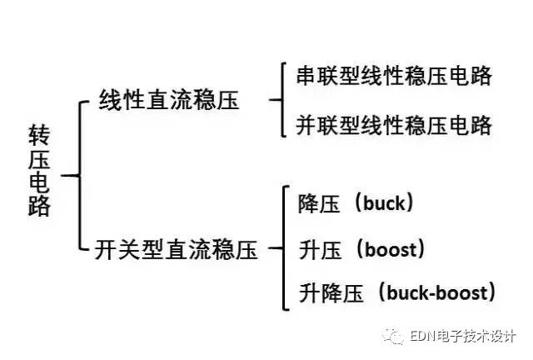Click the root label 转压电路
coord(39,170)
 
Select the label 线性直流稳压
coord(169,100)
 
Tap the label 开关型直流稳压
coord(176,249)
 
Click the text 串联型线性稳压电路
coord(394,76)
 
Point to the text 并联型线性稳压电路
coord(394,125)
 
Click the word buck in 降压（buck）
coord(385,203)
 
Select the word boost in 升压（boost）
coord(391,249)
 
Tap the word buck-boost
coord(437,292)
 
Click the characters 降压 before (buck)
coord(319,204)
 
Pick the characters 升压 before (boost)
coord(320,250)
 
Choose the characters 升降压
coord(331,293)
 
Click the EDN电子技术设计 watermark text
coord(463,336)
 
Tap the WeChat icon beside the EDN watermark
coord(394,336)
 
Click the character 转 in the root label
coord(39,135)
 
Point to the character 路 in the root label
coord(39,206)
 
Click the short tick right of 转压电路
coord(70,176)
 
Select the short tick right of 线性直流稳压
coord(276,100)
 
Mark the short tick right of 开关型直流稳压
coord(276,248)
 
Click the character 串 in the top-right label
coord(307,76)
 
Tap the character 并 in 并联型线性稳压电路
coord(307,125)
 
